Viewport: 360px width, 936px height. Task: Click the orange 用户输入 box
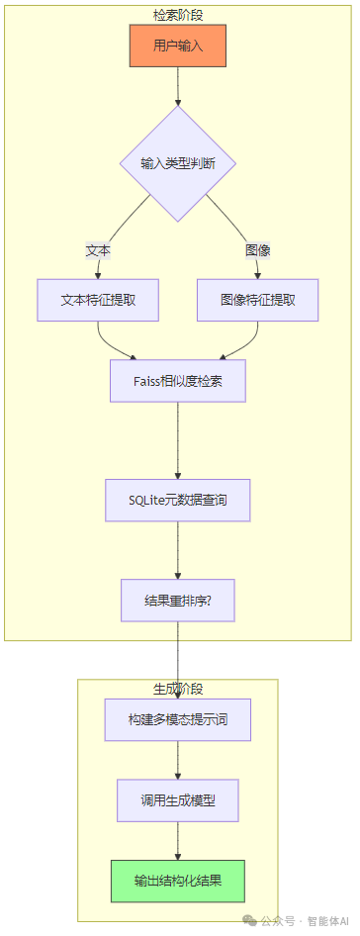click(178, 46)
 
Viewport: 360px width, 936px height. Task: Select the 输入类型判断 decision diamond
click(178, 163)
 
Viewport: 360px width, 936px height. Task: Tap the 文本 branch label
click(98, 250)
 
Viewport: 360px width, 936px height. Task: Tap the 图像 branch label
click(258, 250)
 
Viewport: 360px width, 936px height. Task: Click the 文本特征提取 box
click(98, 300)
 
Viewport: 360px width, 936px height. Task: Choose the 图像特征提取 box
click(257, 300)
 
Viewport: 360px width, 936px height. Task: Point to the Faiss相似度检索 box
click(178, 380)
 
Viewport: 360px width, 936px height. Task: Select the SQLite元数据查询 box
click(178, 501)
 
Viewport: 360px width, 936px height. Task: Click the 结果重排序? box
click(178, 601)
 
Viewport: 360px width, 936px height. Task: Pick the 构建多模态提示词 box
click(178, 719)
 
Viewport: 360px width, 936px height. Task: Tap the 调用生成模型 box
click(178, 800)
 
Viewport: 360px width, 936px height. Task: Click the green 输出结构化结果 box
click(178, 881)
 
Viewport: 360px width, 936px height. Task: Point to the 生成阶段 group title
click(178, 688)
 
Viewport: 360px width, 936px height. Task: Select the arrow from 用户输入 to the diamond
click(178, 87)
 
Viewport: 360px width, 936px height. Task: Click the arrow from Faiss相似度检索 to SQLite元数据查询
click(178, 440)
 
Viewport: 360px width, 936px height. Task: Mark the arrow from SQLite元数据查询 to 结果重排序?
click(178, 551)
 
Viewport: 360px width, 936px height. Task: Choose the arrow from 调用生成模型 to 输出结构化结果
click(178, 841)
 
